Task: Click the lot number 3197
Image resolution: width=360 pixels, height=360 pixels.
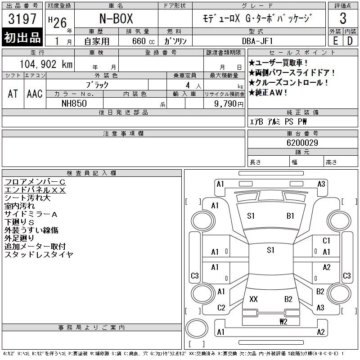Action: [22, 18]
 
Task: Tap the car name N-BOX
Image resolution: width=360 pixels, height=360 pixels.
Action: [116, 18]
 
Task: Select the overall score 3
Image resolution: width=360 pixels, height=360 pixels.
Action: [343, 18]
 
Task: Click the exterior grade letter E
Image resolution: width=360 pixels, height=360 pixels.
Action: [335, 41]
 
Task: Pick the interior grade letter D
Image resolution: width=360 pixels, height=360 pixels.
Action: [350, 41]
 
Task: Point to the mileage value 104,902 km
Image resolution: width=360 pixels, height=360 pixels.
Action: [46, 64]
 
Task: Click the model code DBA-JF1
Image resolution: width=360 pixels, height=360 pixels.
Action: [257, 41]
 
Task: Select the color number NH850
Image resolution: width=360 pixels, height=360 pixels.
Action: [74, 103]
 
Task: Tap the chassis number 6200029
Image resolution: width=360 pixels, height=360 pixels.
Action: [302, 143]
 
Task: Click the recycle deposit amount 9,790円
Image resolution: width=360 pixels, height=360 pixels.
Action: [229, 104]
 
